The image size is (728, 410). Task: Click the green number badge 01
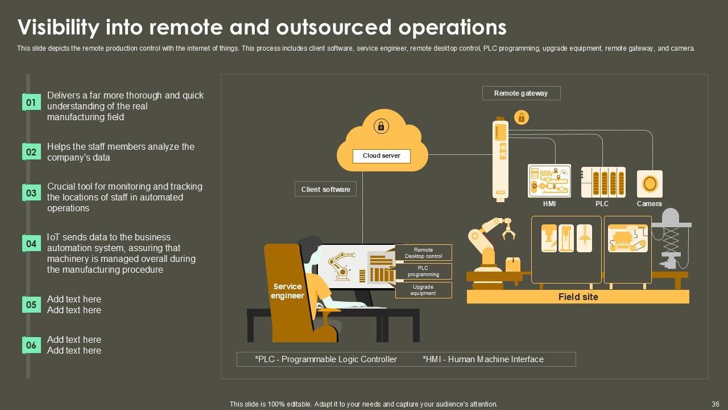(x=31, y=102)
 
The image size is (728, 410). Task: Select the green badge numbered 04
(x=31, y=244)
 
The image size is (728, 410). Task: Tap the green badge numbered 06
(x=31, y=345)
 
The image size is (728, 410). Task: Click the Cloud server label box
(x=382, y=155)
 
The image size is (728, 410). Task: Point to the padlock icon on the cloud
(x=381, y=126)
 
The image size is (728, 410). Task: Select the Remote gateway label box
(x=521, y=93)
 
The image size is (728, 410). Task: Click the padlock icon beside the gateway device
(x=521, y=117)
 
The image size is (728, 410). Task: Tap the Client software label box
(x=325, y=189)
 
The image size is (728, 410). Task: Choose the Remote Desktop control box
(x=423, y=253)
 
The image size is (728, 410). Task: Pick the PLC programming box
(x=423, y=271)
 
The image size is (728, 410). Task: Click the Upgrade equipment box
(x=423, y=290)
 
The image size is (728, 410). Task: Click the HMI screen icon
(x=549, y=181)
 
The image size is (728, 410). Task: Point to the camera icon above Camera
(x=650, y=183)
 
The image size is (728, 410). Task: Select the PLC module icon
(x=603, y=182)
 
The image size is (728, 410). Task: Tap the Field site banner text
(x=578, y=297)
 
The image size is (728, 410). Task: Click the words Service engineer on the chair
(x=288, y=291)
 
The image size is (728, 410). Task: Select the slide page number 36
(x=715, y=404)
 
